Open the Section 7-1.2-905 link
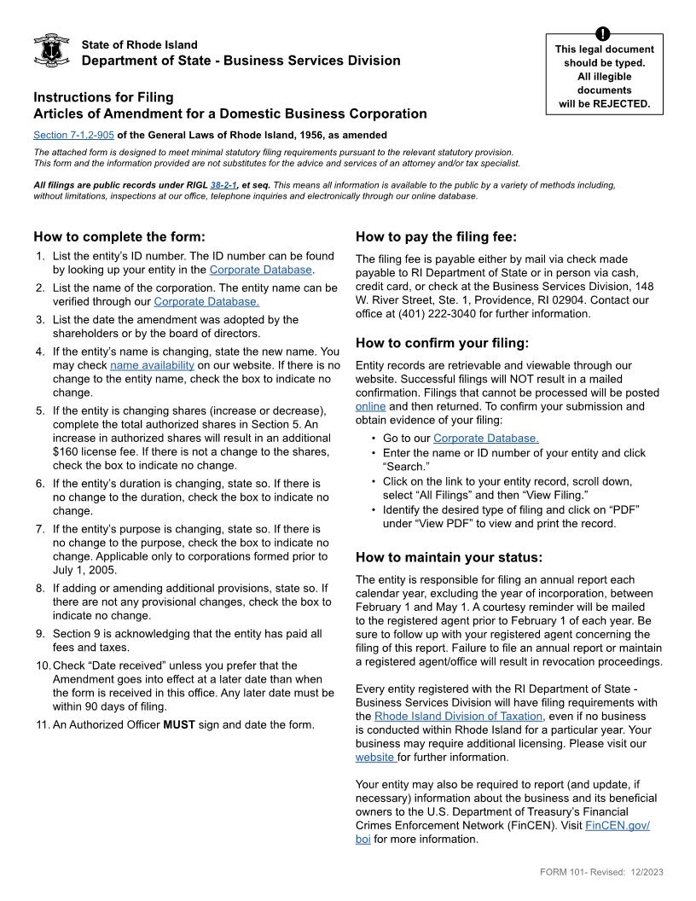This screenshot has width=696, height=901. [x=73, y=135]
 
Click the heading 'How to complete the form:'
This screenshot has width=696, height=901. [x=119, y=236]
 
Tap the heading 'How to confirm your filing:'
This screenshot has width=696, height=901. [x=442, y=343]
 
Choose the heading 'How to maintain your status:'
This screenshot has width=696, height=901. [x=449, y=557]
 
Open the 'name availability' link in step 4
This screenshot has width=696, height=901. [x=152, y=365]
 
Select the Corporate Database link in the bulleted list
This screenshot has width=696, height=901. [x=485, y=439]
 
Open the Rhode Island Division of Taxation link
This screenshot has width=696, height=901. [x=458, y=716]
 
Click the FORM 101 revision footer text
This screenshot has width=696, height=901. [x=601, y=871]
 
